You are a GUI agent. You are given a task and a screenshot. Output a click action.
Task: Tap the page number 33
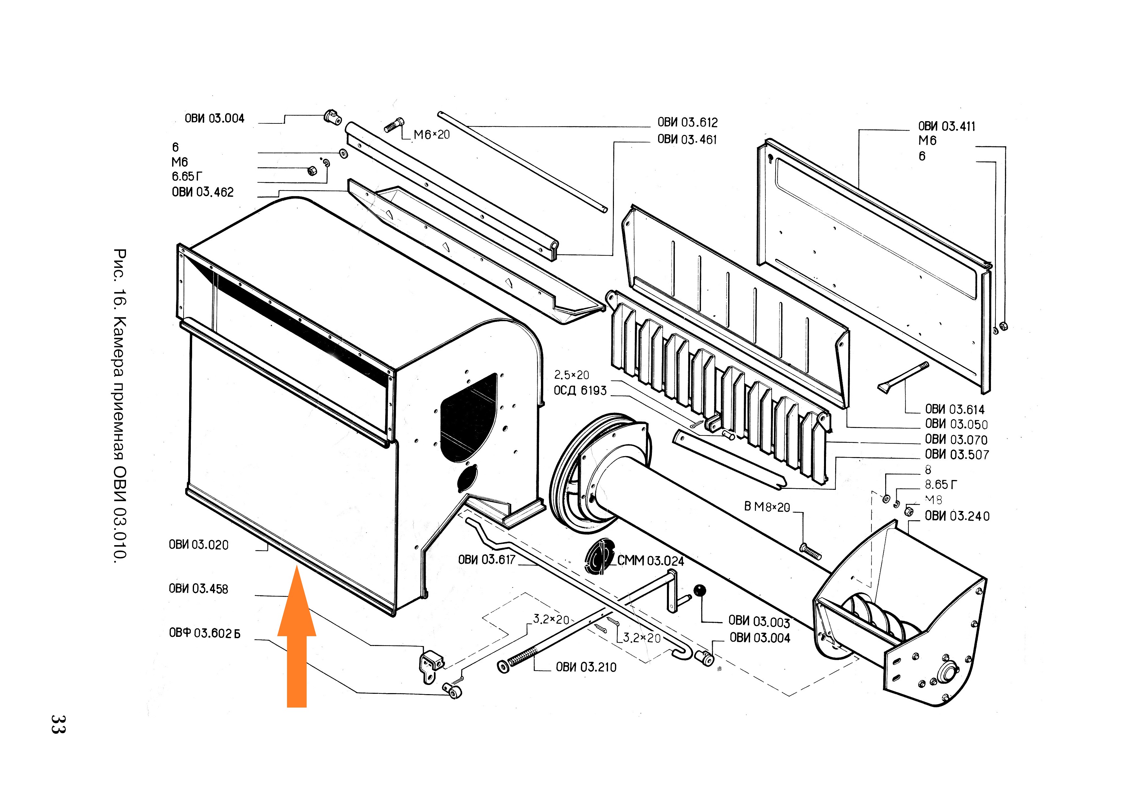(58, 724)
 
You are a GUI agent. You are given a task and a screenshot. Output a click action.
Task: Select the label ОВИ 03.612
(688, 122)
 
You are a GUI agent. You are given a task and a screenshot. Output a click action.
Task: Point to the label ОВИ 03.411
(946, 127)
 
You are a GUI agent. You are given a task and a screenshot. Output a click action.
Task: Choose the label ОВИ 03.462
(203, 192)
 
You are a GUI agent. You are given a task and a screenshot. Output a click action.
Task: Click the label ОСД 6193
(580, 390)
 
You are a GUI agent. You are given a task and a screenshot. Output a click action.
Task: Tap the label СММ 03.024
(651, 561)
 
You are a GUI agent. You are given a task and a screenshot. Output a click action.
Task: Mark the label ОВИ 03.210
(586, 667)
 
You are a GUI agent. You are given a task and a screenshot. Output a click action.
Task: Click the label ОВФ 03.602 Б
(205, 633)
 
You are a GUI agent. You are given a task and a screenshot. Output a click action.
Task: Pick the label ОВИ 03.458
(199, 589)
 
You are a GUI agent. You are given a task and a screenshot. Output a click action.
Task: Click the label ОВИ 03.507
(957, 455)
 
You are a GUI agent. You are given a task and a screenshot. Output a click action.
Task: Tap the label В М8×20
(767, 507)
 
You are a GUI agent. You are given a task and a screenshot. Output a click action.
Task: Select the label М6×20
(432, 135)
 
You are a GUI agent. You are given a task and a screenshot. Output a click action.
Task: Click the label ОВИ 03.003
(759, 621)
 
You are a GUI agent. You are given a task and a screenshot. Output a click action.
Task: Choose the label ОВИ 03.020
(199, 545)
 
